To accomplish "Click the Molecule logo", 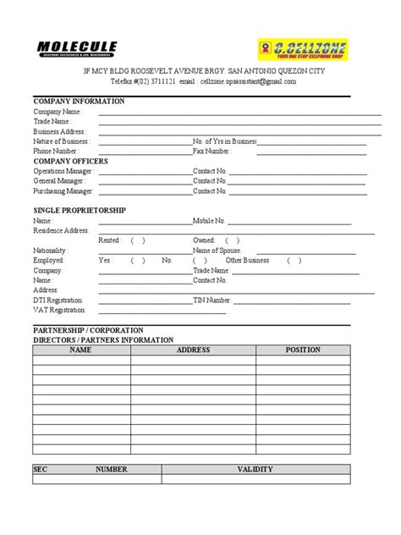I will click(77, 49).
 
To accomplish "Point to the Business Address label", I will click(58, 131).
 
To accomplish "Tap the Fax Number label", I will click(211, 151).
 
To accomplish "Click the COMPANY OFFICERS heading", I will click(71, 160).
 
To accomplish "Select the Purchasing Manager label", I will click(63, 190).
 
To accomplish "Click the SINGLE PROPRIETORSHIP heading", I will click(80, 209).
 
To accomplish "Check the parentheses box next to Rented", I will click(138, 240).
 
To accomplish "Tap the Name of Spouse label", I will click(217, 251).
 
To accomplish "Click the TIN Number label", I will click(212, 300).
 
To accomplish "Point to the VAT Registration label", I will click(58, 310).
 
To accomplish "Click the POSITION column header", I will click(303, 349).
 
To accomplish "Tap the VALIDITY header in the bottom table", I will click(255, 468).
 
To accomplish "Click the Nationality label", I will click(50, 251).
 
